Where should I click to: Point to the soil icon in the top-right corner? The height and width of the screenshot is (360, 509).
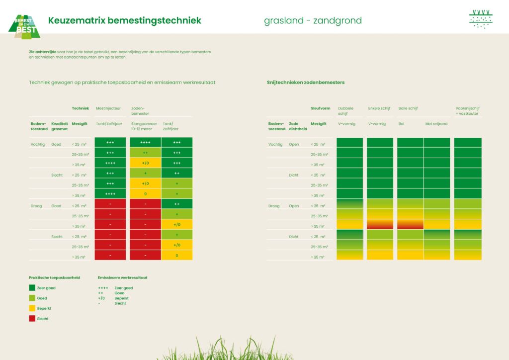click(481, 19)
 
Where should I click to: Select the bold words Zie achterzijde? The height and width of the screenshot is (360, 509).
click(43, 52)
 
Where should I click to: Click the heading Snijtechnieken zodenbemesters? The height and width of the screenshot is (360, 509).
click(306, 82)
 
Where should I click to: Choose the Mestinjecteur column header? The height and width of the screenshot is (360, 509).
click(108, 108)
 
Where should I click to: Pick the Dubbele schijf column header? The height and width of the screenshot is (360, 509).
click(346, 110)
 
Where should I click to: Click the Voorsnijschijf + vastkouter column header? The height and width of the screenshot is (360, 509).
click(467, 110)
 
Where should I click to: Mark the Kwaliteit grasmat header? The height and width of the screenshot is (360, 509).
click(60, 126)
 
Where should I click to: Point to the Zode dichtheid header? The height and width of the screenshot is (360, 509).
click(297, 126)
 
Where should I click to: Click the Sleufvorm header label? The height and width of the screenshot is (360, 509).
click(321, 108)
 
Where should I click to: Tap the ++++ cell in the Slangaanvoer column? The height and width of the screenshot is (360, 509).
click(145, 142)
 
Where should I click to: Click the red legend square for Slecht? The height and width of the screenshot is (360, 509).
click(32, 319)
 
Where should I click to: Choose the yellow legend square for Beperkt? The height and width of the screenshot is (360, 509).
click(32, 308)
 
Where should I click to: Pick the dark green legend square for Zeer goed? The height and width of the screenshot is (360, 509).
click(32, 287)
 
